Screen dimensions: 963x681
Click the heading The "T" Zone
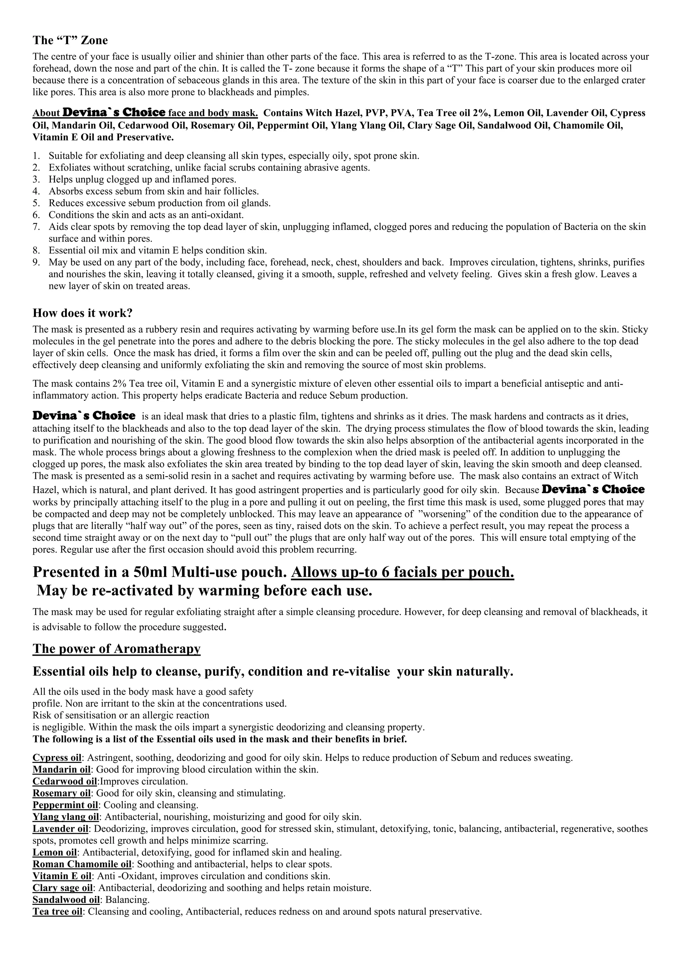point(70,40)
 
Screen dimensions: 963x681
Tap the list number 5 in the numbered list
point(37,203)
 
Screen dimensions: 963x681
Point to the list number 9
point(37,263)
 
